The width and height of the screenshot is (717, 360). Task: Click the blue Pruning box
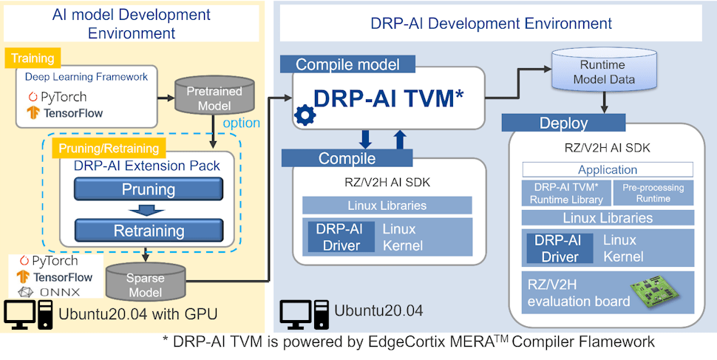[x=149, y=190]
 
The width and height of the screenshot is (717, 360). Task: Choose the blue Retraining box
[x=149, y=231]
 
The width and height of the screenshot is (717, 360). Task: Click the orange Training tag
[x=33, y=57]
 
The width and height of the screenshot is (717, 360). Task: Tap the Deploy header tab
[x=563, y=123]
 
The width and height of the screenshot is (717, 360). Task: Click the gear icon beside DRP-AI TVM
[x=304, y=115]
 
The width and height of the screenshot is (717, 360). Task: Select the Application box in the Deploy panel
[x=608, y=169]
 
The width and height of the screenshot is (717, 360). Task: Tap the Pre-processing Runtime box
[x=653, y=193]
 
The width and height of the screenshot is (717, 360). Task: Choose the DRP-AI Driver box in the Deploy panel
[x=560, y=248]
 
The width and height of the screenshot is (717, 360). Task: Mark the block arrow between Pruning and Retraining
[x=149, y=210]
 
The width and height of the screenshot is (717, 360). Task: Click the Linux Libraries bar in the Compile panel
[x=387, y=205]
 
